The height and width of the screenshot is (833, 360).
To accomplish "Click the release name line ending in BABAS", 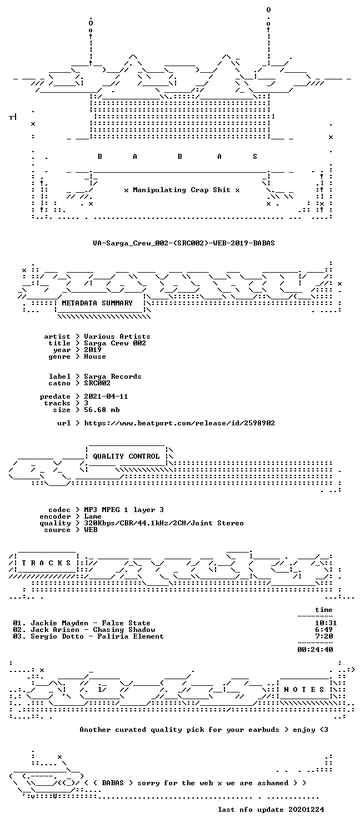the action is (184, 243).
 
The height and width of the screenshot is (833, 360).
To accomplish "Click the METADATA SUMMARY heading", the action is (97, 303).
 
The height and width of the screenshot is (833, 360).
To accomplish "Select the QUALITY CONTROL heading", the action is (126, 456).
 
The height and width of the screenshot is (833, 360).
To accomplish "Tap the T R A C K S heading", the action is (46, 563).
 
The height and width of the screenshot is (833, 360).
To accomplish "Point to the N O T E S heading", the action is (304, 690).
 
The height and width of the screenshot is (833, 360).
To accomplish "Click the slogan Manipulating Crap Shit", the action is (182, 190).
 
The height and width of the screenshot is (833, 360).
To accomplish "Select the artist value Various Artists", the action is (117, 337).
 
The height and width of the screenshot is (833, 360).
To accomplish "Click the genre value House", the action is (95, 357).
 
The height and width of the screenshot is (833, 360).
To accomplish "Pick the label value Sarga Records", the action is (113, 377).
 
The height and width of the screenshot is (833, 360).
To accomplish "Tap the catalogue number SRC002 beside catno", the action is (97, 383).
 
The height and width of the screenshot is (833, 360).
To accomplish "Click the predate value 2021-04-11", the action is (106, 397).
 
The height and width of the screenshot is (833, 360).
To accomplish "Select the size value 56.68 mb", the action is (102, 410).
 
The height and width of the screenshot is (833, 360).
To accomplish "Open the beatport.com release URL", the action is (179, 423).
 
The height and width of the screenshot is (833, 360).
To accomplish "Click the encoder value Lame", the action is (93, 516).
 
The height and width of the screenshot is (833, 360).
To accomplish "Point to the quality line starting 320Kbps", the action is (164, 523).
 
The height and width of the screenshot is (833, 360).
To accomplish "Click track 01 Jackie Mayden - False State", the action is (82, 623).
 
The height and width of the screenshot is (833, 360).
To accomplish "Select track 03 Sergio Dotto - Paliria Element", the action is (88, 636).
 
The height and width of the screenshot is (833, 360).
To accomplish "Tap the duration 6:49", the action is (324, 630).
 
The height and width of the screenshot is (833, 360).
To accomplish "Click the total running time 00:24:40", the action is (315, 650).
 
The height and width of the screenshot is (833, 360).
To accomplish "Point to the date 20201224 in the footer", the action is (306, 810).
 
